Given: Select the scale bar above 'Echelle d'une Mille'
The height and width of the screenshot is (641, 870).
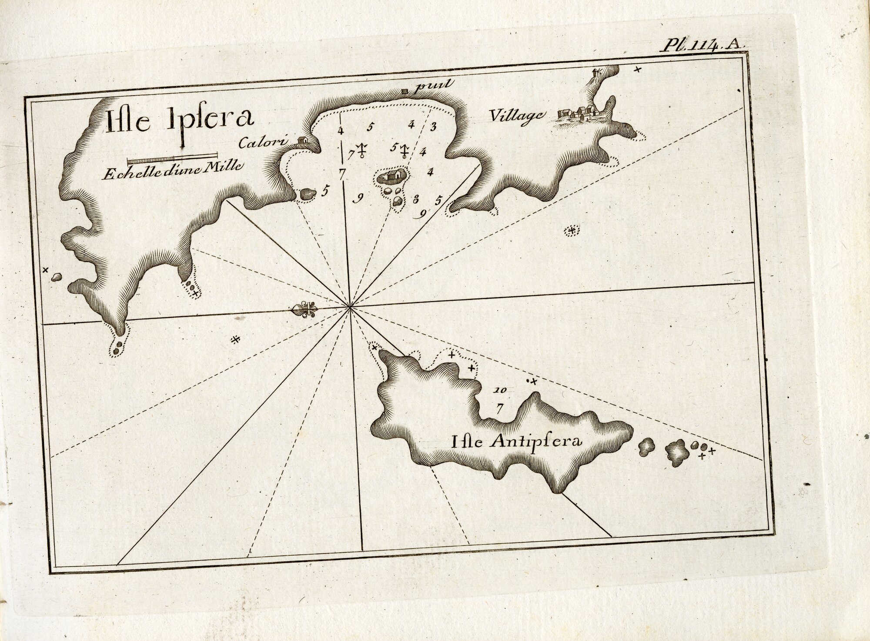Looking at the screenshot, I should coord(172,157).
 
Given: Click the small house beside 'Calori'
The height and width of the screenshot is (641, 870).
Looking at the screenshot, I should coord(303,140).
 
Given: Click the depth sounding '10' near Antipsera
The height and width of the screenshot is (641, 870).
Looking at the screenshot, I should coord(500,390).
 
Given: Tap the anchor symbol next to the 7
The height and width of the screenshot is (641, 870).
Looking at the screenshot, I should coord(361,150).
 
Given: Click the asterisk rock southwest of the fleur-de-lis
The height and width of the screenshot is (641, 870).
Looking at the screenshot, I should coord(235,339).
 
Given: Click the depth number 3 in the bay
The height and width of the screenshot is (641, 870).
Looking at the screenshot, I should coord(433,127).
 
